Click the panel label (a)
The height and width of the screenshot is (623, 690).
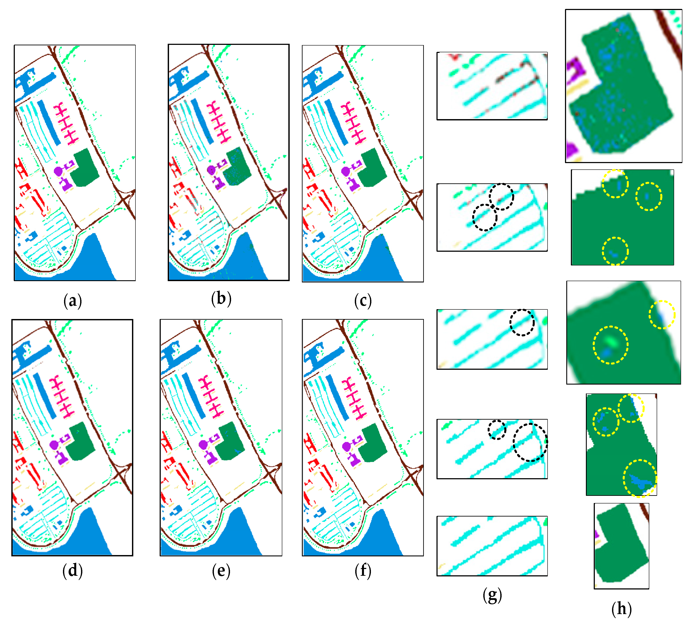(x=73, y=301)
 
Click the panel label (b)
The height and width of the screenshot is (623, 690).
(x=221, y=298)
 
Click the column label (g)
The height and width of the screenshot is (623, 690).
(x=492, y=595)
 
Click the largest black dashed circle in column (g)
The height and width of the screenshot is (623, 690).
(x=530, y=442)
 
